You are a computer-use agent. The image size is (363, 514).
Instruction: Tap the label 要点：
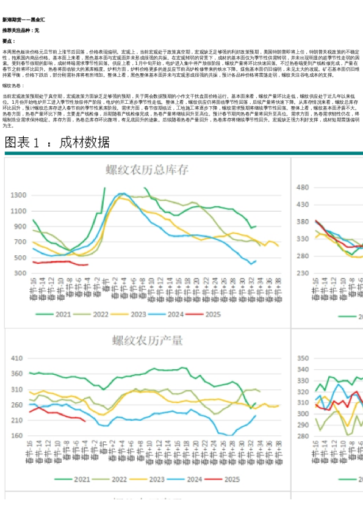[8, 41]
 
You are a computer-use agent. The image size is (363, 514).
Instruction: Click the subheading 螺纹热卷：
[13, 86]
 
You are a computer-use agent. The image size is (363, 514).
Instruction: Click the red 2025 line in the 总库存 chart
[61, 262]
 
